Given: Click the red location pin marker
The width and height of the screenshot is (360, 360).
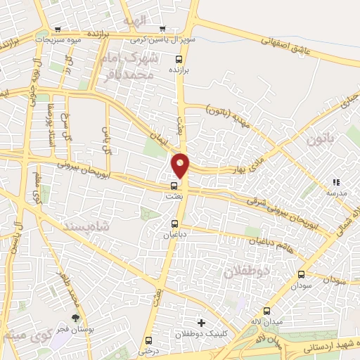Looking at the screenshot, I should click(x=181, y=165).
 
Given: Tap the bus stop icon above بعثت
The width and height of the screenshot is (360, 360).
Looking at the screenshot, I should click(x=174, y=186).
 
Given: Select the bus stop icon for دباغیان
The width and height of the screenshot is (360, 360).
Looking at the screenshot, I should click(x=174, y=224).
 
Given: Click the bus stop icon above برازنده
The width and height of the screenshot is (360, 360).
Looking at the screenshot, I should click(x=178, y=60).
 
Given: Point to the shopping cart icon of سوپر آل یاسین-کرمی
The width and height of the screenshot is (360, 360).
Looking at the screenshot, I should click(x=162, y=29).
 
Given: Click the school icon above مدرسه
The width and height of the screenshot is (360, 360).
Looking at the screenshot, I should click(x=335, y=182).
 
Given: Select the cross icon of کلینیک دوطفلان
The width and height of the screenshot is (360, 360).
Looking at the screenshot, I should click(x=201, y=322).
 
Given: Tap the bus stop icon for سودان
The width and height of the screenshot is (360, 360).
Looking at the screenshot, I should click(x=301, y=274).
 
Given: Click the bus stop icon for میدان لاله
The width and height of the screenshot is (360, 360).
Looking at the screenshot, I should click(x=267, y=311).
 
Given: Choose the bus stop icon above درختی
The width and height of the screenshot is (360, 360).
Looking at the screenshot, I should click(x=149, y=340).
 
